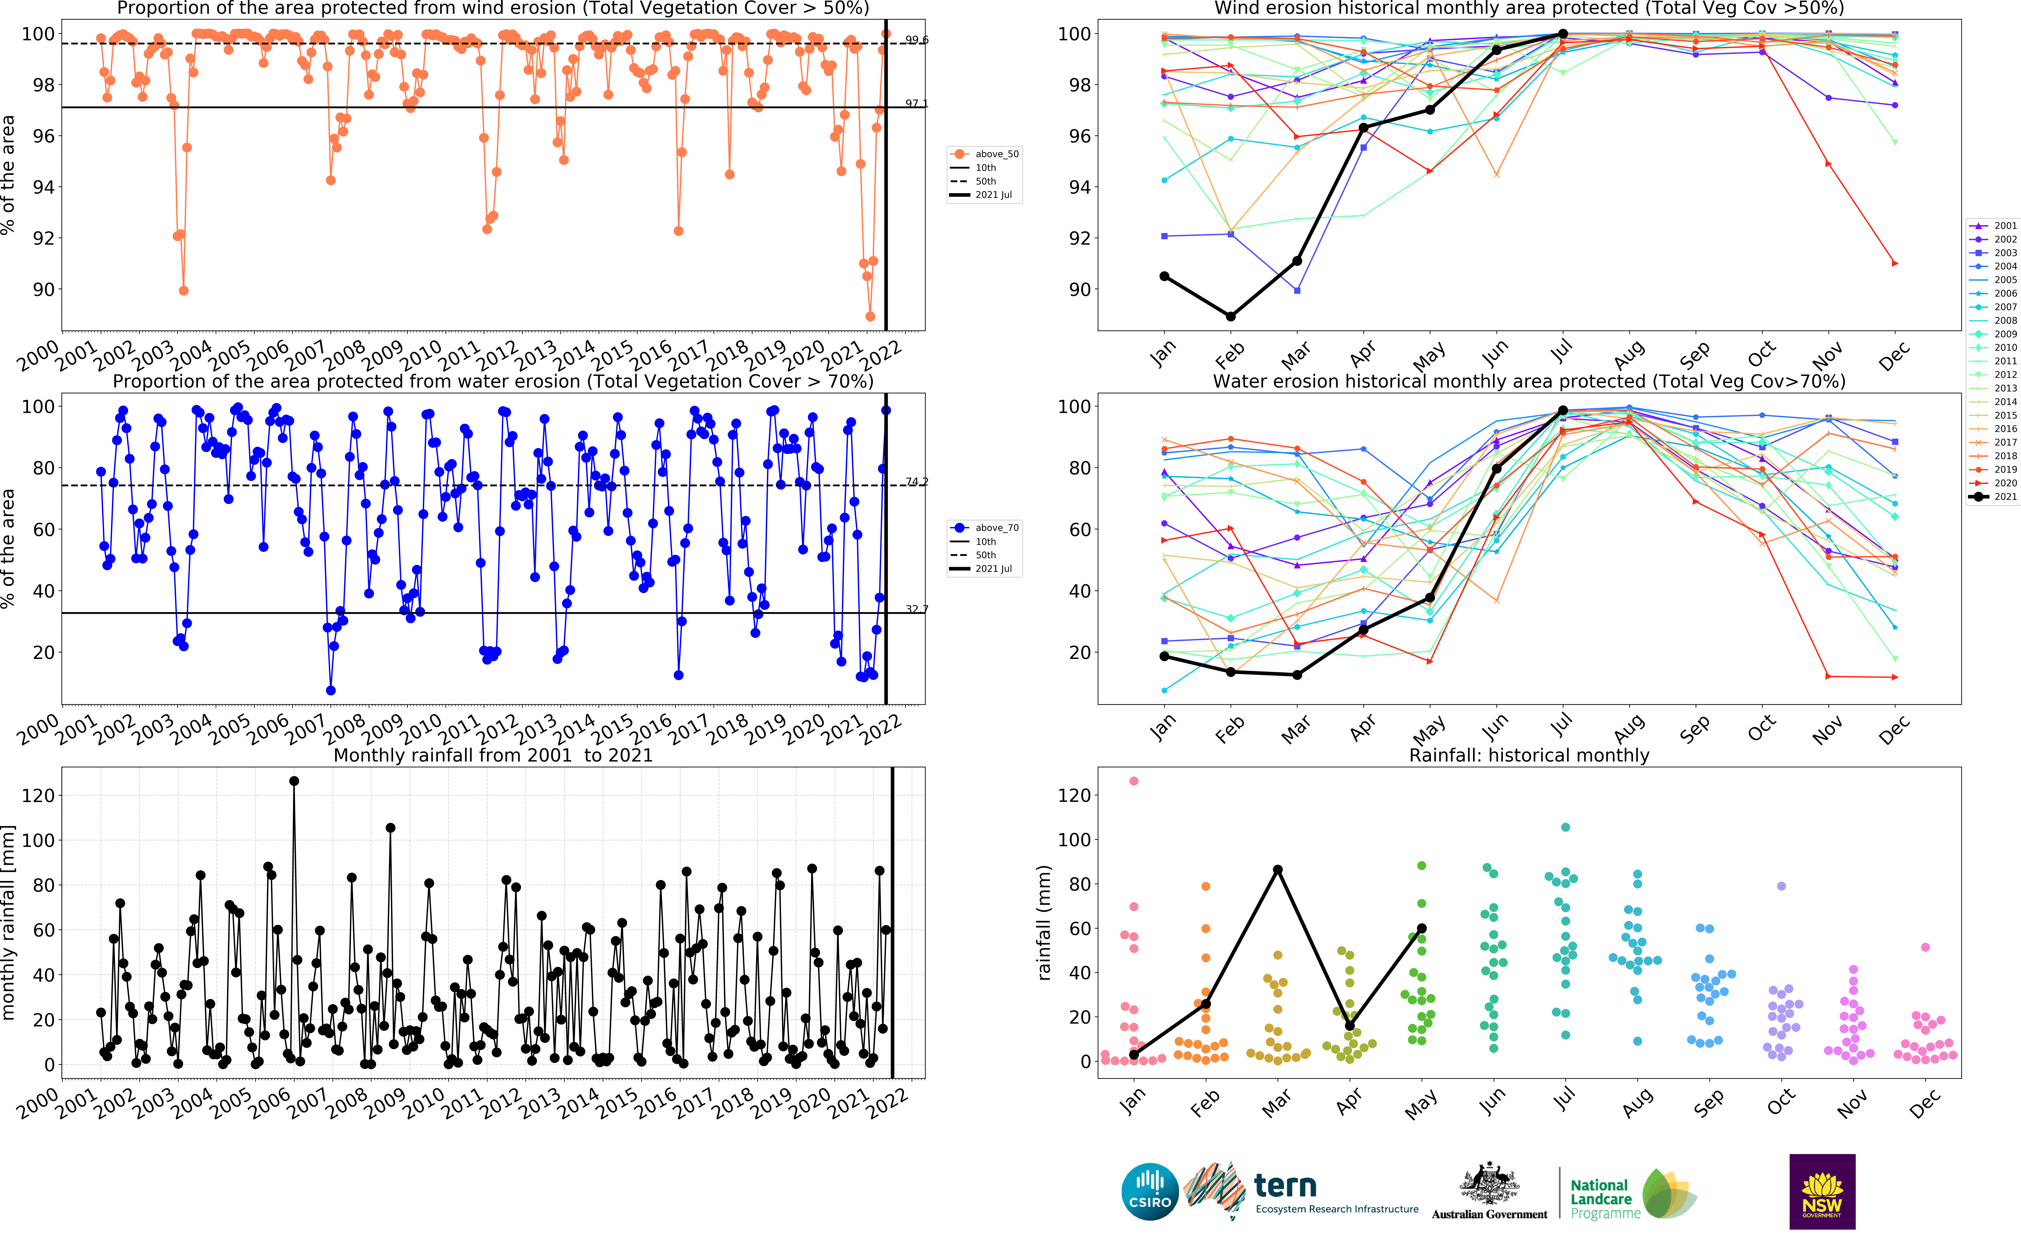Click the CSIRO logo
point(1150,1192)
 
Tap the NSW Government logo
point(1822,1192)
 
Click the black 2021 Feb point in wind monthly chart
point(1230,316)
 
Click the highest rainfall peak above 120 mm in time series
point(294,780)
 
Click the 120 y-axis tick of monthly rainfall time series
point(39,795)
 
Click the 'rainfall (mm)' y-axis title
point(1044,922)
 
